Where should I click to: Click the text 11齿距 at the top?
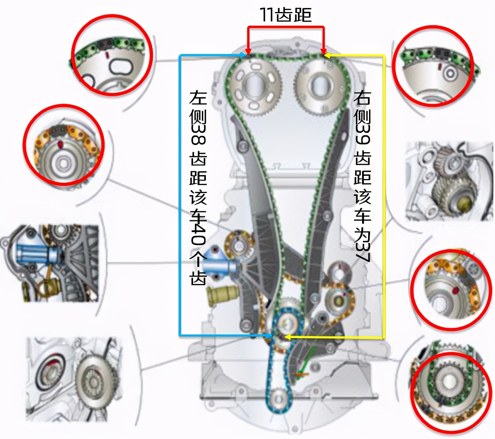[286, 14]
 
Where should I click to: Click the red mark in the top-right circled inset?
[440, 66]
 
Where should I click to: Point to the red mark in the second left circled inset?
[60, 144]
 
